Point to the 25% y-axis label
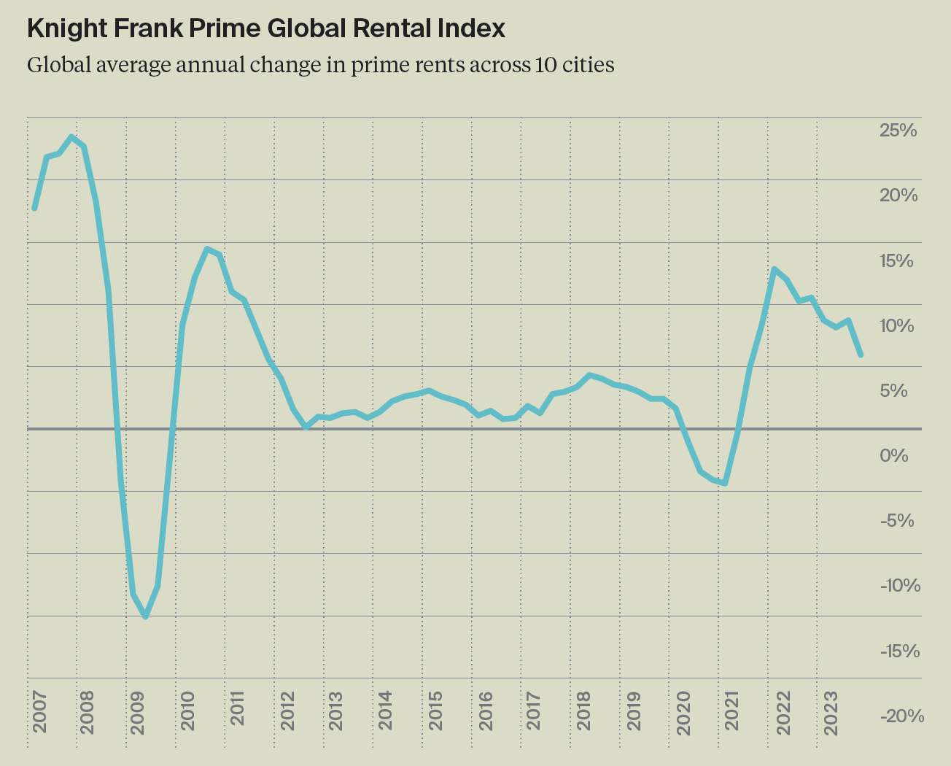tap(898, 131)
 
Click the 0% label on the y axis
tap(894, 456)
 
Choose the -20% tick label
tap(902, 716)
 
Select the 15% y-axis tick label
tap(896, 261)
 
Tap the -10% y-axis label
tap(901, 586)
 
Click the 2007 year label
tap(39, 711)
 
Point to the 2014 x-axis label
tap(384, 711)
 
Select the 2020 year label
tap(683, 711)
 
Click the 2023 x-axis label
tap(831, 711)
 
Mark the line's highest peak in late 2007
tap(71, 136)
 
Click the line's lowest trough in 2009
tap(146, 617)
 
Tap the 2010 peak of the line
tap(207, 249)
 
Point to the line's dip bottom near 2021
tap(725, 483)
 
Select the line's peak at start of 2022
tap(774, 269)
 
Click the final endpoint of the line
tap(861, 355)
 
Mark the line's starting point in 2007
tap(34, 209)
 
